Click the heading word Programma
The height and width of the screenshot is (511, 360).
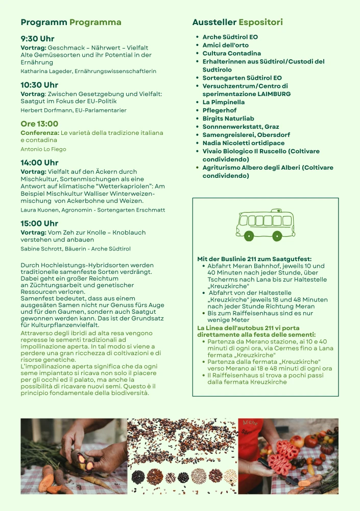(95, 22)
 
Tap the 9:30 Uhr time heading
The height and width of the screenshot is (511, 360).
(37, 39)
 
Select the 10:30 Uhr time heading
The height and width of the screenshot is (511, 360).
(39, 85)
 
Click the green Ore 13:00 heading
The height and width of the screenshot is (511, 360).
(39, 124)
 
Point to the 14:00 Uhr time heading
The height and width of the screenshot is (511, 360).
(39, 163)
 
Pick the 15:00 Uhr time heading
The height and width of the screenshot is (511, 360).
(39, 224)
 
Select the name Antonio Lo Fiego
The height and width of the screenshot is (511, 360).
(43, 149)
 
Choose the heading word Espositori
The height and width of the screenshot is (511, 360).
(260, 22)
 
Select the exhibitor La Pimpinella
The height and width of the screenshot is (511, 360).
(223, 102)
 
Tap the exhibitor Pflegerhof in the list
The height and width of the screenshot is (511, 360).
(220, 110)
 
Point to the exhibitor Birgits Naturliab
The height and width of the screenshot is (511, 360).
(228, 119)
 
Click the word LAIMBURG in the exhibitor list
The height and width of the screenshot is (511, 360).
(274, 94)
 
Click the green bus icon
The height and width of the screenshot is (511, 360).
(265, 225)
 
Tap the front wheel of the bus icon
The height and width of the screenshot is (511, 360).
(277, 236)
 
